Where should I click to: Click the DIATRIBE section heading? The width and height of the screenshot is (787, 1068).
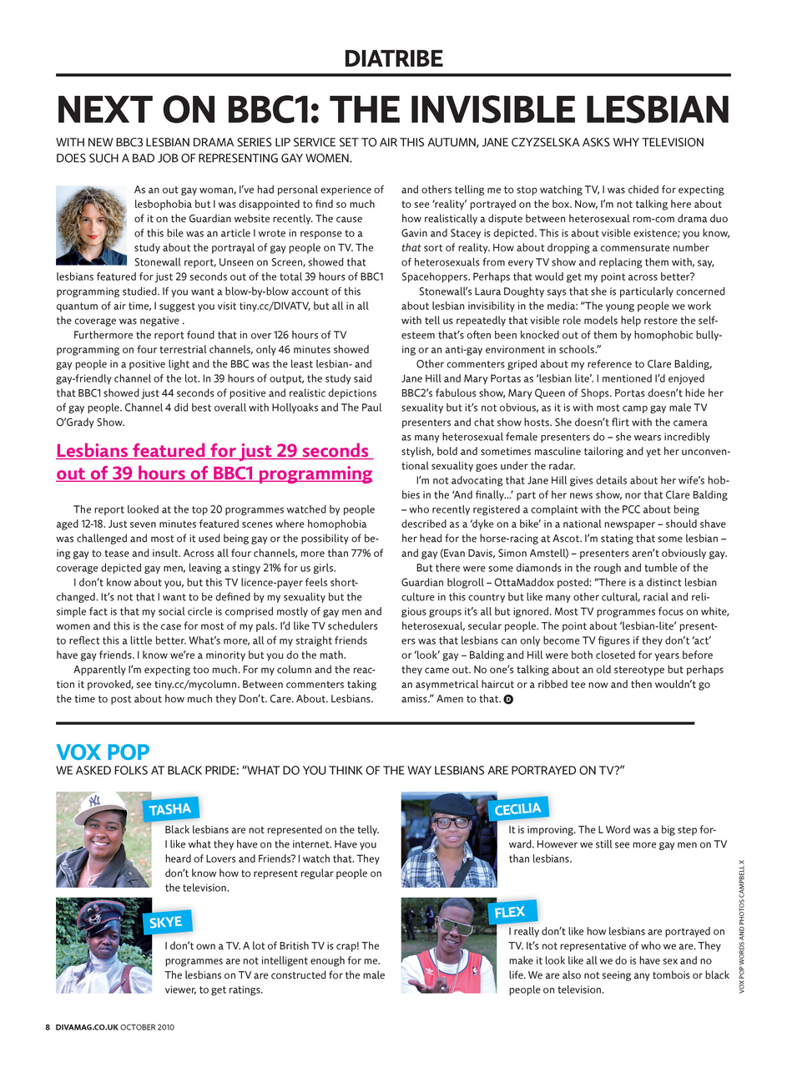pos(393,58)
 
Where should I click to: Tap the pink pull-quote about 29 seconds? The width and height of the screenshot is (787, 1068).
pos(214,462)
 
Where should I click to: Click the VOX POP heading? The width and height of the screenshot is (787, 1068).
pos(103,752)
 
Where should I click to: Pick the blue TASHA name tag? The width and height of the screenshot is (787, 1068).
pos(170,809)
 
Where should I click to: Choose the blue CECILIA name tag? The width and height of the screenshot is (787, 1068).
pos(517,809)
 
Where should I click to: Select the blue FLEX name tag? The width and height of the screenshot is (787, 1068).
pos(510,912)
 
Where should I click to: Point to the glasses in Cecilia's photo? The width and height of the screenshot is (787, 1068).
pos(452,823)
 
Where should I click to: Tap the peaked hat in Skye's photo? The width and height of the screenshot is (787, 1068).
pos(100,914)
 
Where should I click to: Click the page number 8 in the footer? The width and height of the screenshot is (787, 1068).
pos(48,1027)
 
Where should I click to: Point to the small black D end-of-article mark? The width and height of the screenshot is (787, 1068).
pos(508,699)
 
